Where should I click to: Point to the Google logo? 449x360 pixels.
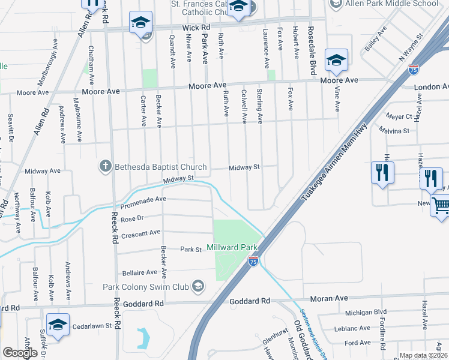click(x=20, y=353)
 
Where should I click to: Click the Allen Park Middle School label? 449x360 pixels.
click(x=392, y=4)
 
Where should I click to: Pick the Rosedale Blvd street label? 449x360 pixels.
click(x=311, y=43)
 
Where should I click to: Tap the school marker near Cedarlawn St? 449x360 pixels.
click(x=58, y=325)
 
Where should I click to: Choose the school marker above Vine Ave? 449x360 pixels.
click(x=336, y=60)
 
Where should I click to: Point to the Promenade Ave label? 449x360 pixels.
click(x=143, y=202)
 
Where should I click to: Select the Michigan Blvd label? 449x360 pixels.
click(x=365, y=313)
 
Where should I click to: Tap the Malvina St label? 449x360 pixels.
click(x=394, y=130)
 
